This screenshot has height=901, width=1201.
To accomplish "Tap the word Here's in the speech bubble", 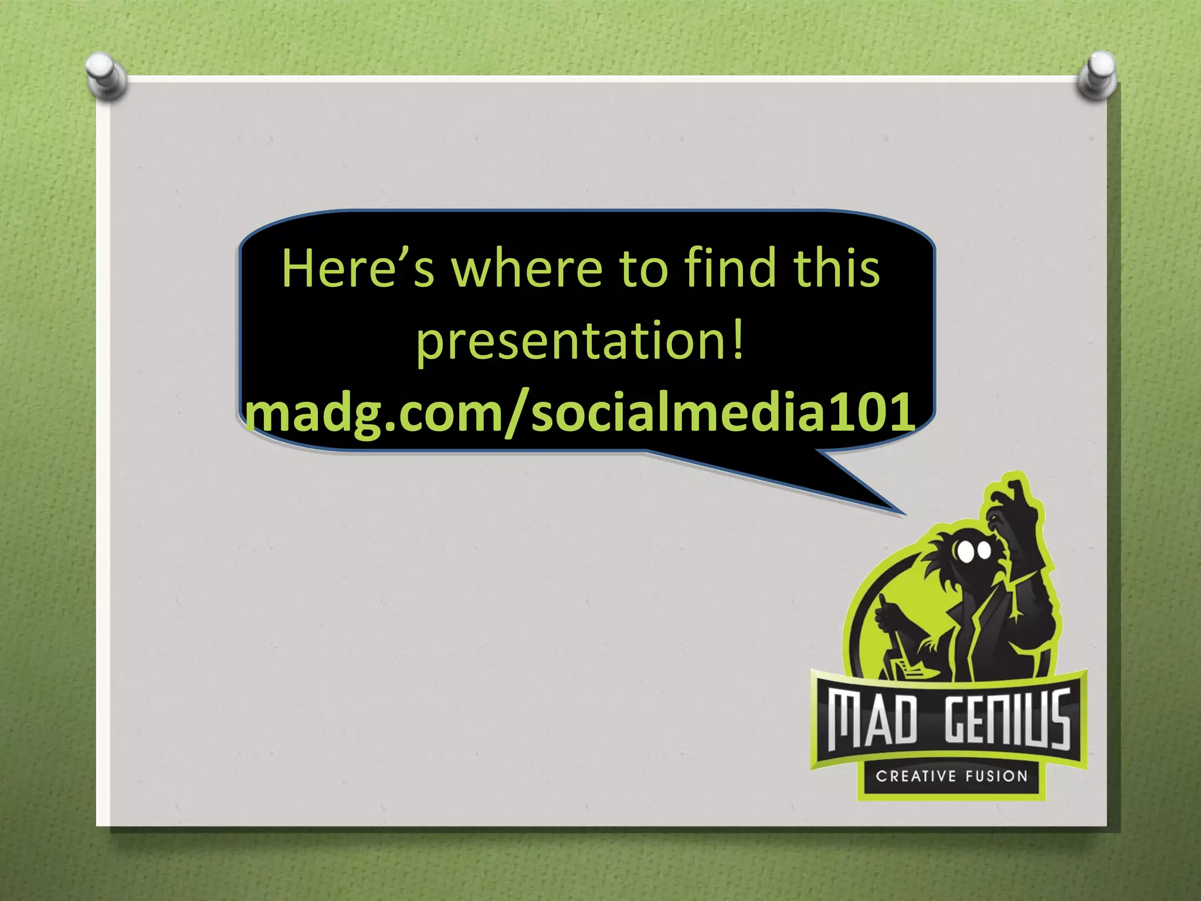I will pos(358,269).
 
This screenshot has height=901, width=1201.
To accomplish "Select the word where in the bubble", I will pos(525,269).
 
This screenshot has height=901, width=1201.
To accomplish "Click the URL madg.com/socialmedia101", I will pos(579,412).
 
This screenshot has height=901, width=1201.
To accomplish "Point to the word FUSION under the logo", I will pos(997,777).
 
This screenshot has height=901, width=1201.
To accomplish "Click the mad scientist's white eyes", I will pos(973,550).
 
